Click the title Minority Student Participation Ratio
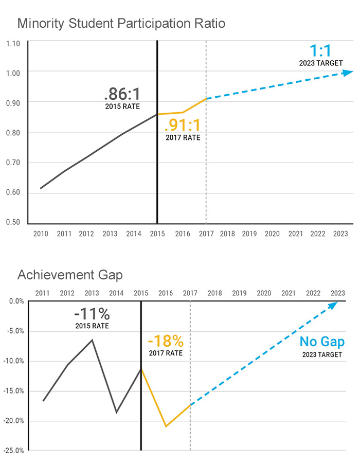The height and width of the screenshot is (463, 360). (121, 23)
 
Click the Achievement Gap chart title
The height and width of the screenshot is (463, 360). (70, 275)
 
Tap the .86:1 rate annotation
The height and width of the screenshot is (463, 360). (122, 95)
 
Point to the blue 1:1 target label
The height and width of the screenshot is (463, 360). (320, 52)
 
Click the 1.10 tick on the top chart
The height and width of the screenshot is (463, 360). (13, 44)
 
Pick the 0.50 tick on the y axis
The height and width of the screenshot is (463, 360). (13, 222)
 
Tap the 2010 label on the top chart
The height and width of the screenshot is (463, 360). (41, 234)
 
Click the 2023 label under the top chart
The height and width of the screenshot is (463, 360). (340, 234)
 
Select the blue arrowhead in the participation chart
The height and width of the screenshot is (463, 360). (348, 73)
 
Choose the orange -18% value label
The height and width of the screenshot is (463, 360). (165, 341)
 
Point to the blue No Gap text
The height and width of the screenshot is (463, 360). (322, 342)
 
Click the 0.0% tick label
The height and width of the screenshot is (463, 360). (16, 301)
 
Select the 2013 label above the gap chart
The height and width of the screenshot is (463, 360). (92, 293)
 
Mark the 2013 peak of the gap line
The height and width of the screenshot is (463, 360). (92, 340)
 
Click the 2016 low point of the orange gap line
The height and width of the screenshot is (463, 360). (166, 426)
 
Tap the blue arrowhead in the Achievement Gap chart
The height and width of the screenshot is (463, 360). (333, 305)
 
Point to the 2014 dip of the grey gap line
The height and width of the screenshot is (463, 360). (117, 412)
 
